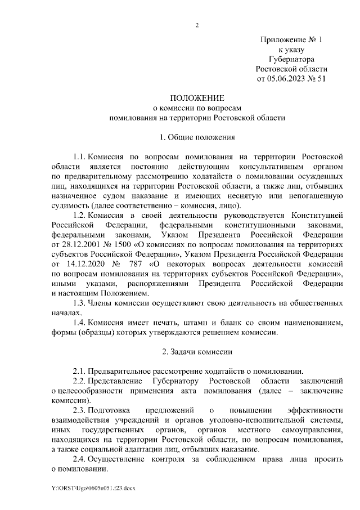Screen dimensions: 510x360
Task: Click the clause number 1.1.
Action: tap(79, 156)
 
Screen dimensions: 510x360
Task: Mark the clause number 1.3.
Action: tap(79, 303)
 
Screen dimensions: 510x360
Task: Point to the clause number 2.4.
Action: tap(79, 459)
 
